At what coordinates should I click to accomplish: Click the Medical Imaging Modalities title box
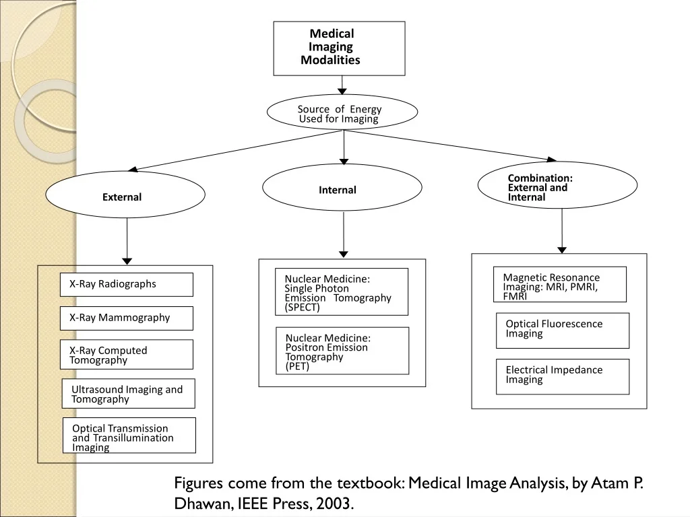point(340,48)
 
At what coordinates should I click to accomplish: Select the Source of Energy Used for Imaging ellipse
point(342,112)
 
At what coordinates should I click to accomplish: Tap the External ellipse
point(125,195)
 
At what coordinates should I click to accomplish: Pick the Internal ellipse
point(342,188)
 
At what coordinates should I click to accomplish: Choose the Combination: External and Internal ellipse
point(557,185)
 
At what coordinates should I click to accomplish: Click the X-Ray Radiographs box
point(126,285)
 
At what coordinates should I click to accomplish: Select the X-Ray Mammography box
point(126,318)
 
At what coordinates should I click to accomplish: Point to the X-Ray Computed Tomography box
point(126,354)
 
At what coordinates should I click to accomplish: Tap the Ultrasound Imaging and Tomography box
point(129,393)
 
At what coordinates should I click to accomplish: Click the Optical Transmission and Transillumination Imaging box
point(129,436)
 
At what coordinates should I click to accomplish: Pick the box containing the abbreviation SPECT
point(342,292)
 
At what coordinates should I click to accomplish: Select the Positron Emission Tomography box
point(342,351)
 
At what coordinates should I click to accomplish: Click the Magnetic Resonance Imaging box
point(560,284)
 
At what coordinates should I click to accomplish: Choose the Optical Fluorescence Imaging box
point(563,331)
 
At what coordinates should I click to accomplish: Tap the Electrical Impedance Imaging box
point(563,377)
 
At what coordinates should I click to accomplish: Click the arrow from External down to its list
point(127,242)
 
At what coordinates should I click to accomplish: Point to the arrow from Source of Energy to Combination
point(449,145)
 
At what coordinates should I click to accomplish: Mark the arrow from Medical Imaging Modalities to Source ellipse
point(342,85)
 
